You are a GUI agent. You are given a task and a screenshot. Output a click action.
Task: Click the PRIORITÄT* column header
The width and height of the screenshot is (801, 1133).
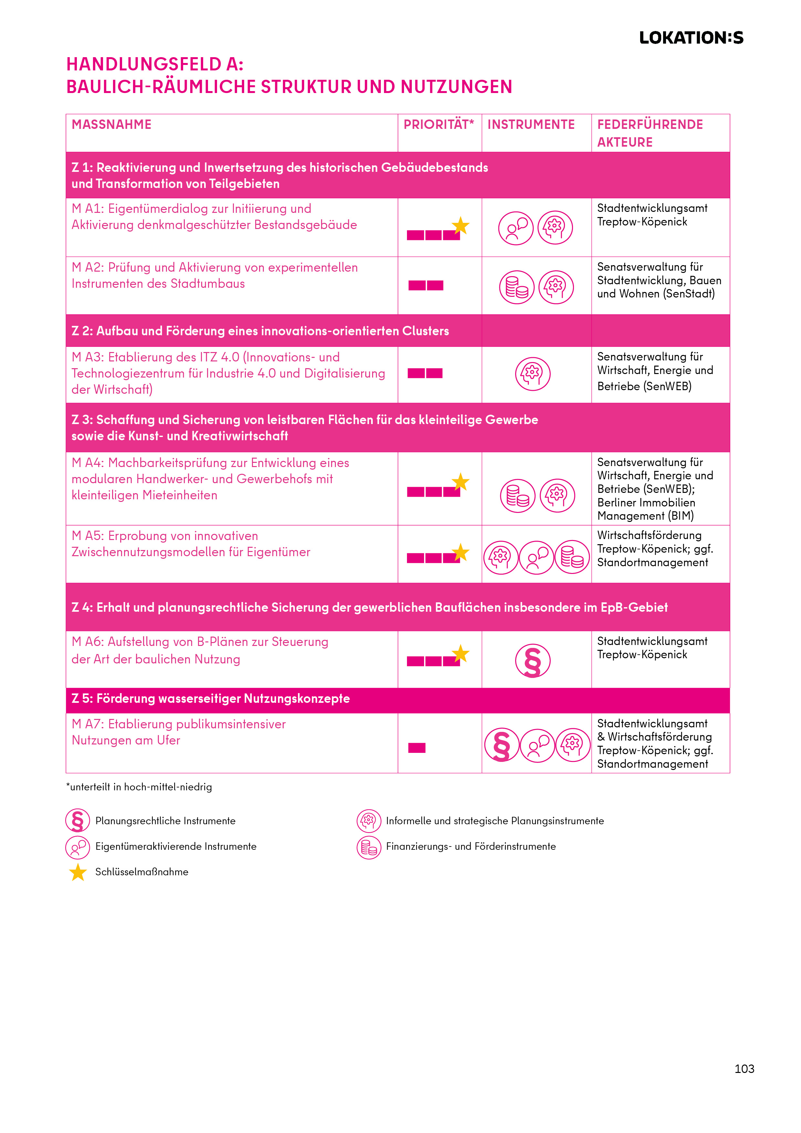(438, 124)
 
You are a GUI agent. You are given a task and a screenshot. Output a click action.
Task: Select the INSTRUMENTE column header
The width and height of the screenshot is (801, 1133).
(531, 124)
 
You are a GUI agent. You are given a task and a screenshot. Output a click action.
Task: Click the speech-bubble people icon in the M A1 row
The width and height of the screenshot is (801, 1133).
(516, 228)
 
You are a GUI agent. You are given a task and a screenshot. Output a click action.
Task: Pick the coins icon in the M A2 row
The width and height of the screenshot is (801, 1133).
(517, 287)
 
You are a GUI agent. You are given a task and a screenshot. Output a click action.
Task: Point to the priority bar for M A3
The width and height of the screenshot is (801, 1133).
(425, 373)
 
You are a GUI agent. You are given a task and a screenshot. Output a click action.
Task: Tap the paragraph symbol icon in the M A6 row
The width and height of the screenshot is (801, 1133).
(533, 661)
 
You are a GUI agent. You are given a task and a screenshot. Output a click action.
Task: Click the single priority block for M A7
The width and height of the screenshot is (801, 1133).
(417, 748)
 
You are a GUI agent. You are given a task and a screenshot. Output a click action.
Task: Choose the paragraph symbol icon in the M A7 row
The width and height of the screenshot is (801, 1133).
(501, 745)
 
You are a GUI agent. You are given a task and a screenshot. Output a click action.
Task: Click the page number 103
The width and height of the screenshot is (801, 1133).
(744, 1069)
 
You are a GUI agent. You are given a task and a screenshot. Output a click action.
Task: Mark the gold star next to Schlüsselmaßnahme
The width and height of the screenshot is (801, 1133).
(78, 872)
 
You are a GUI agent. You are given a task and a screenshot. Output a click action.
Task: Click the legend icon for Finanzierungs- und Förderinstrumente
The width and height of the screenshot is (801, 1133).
(369, 847)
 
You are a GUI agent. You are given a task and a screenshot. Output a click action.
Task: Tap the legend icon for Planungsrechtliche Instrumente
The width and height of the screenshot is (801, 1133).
(78, 821)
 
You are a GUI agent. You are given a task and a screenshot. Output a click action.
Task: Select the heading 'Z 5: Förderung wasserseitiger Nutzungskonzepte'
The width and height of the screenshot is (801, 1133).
(211, 699)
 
